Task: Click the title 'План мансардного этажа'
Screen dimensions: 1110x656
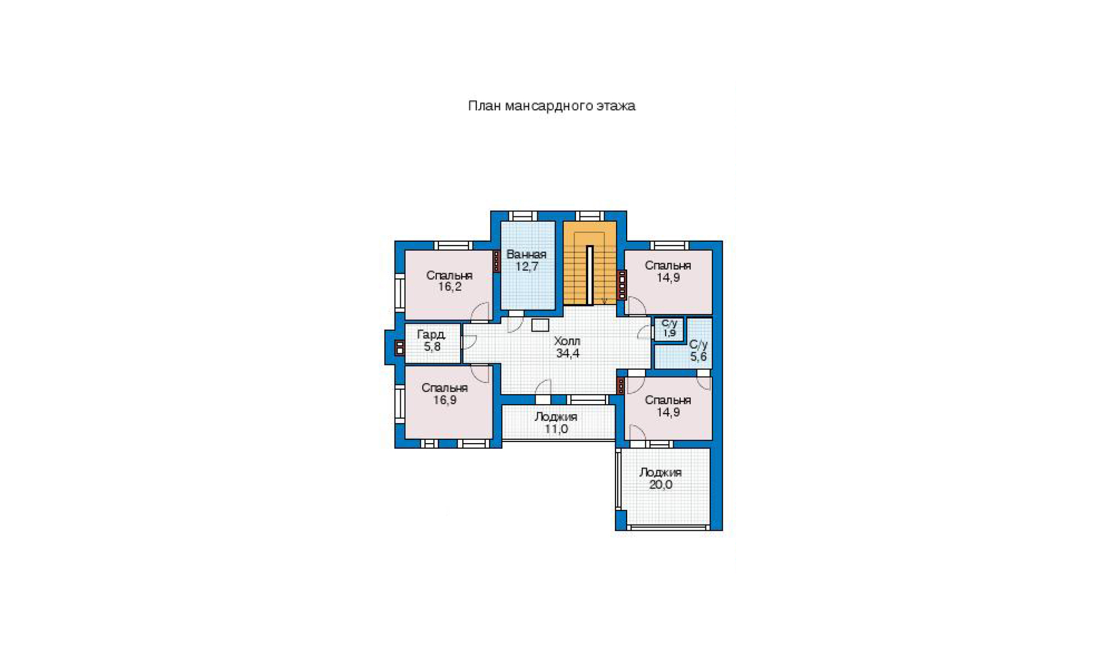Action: tap(551, 106)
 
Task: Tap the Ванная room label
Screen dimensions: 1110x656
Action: tap(526, 255)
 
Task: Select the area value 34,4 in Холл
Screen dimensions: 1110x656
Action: tap(567, 353)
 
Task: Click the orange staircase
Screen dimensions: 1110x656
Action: tap(590, 263)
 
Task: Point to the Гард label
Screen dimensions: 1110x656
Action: tap(431, 335)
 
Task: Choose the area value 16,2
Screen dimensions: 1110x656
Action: tap(450, 287)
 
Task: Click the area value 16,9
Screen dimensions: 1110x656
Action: tap(445, 400)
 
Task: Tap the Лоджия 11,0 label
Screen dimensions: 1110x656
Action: tap(556, 423)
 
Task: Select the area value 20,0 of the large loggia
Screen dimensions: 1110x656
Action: tap(660, 485)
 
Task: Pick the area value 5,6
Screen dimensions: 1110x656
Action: tap(699, 357)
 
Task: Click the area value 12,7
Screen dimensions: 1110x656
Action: tap(527, 266)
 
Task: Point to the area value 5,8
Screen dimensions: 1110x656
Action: tap(432, 347)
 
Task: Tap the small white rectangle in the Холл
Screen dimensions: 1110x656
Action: tap(540, 326)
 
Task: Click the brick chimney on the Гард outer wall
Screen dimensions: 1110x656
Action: tap(399, 348)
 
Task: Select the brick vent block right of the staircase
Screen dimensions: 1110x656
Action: tap(622, 284)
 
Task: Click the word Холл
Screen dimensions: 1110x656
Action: tap(567, 341)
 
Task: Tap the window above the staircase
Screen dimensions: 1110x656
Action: tap(589, 216)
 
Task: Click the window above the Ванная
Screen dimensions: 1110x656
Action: tap(523, 216)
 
